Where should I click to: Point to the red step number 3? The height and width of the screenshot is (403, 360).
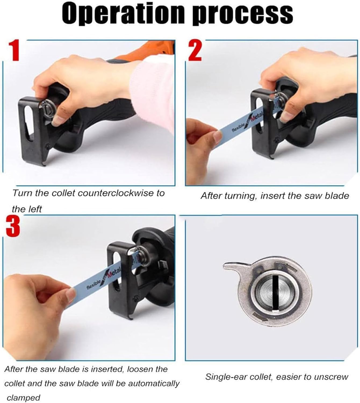click(13, 227)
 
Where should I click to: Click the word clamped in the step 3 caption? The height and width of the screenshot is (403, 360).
click(23, 398)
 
